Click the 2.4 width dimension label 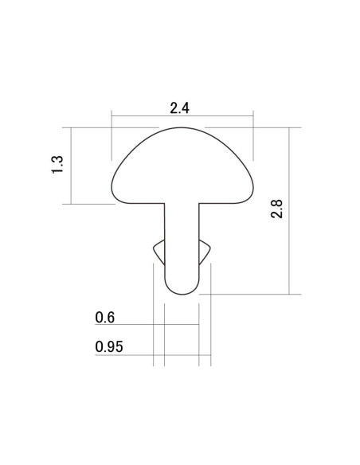click(x=179, y=108)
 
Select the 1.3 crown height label click(x=57, y=164)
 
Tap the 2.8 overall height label click(x=277, y=209)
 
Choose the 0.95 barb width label click(x=109, y=346)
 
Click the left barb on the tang click(x=158, y=252)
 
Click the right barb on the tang click(x=205, y=252)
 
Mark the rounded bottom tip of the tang click(x=182, y=295)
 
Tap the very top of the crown click(x=182, y=128)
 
